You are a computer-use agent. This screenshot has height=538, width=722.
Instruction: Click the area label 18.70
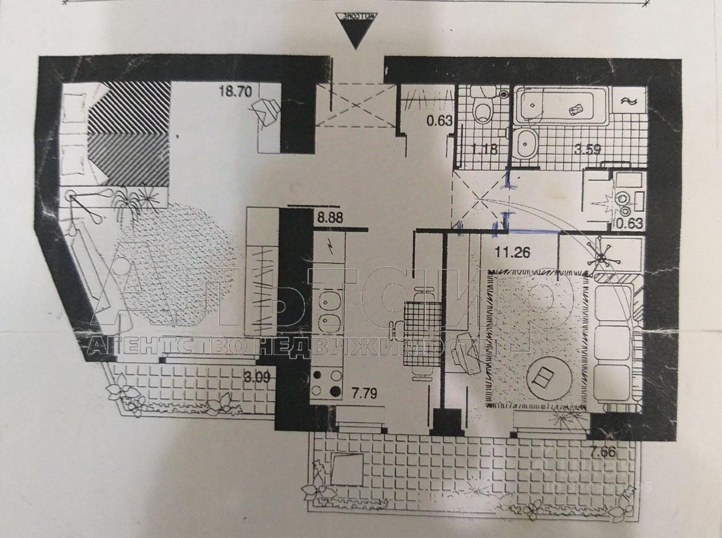coord(235,91)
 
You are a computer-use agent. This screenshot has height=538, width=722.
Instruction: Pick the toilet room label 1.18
coord(484,150)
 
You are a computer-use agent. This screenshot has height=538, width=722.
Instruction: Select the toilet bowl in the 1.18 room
coord(483,110)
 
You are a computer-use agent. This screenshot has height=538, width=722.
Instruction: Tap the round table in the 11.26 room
coord(544,376)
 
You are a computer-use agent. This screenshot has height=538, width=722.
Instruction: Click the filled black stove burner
coord(336,391)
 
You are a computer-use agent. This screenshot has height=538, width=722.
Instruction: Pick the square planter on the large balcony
coord(346,469)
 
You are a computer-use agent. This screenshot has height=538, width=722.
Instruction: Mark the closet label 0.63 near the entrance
coord(438,120)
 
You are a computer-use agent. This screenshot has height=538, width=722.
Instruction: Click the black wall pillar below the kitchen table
coord(447,422)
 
